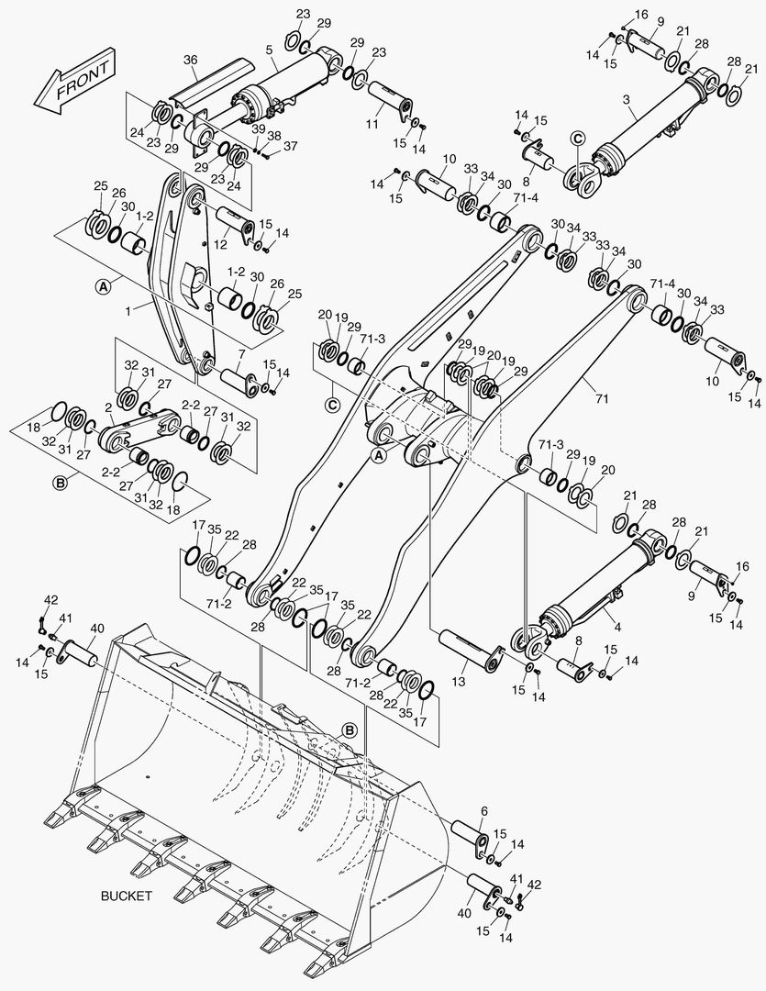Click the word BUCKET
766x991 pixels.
[126, 895]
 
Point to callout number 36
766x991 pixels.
[190, 61]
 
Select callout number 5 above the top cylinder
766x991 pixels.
[270, 51]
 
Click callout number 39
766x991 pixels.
[259, 128]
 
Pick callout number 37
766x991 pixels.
[290, 146]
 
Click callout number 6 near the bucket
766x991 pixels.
[484, 811]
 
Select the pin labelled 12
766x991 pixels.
[234, 224]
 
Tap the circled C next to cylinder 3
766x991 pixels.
[577, 139]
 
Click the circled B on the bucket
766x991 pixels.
[350, 729]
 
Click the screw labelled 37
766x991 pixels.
[267, 156]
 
